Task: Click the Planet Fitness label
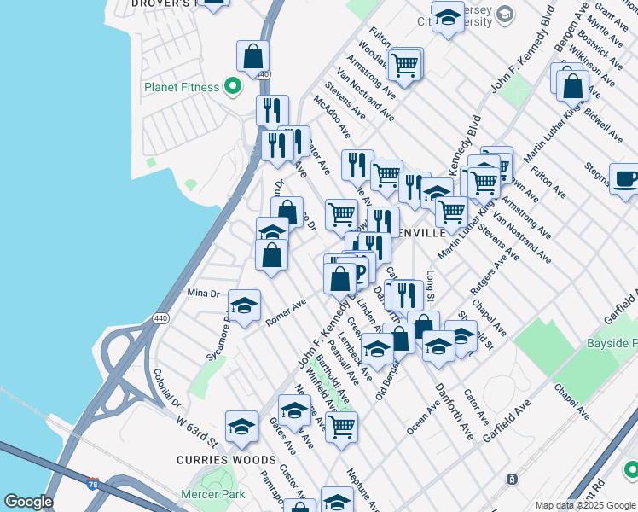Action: click(183, 87)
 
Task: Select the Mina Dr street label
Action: click(203, 293)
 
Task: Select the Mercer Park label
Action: click(213, 494)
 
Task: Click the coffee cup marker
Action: click(625, 178)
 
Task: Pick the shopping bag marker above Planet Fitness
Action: click(253, 57)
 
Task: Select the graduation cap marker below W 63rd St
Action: click(241, 426)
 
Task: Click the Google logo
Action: click(28, 502)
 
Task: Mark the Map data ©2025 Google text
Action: click(585, 505)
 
